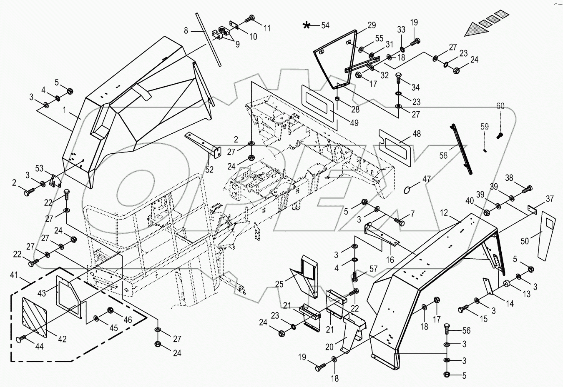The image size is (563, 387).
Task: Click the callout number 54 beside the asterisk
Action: (x=325, y=25)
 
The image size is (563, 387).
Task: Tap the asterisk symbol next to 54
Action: (x=307, y=26)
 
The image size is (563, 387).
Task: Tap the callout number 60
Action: (x=500, y=106)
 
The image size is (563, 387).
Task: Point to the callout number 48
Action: (x=416, y=134)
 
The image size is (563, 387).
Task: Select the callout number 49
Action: (x=342, y=123)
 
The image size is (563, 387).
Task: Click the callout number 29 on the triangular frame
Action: (x=371, y=25)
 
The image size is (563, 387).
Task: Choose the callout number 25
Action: (x=279, y=284)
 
